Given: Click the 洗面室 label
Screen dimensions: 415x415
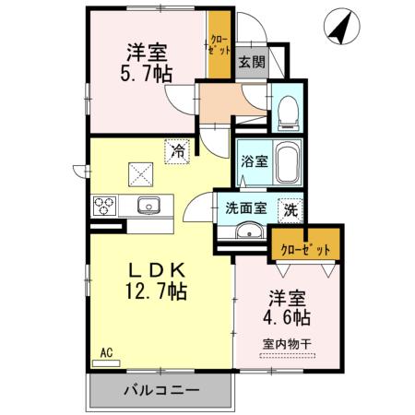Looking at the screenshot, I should coord(245,208).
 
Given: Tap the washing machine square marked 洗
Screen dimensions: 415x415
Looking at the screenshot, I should coord(290,209).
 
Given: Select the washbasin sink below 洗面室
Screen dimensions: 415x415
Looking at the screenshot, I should coord(248,231).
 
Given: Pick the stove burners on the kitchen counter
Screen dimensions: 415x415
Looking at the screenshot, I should coord(102,205).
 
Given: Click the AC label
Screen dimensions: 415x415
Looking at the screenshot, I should coord(104,352).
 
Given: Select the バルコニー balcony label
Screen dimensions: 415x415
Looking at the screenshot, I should coord(161,391).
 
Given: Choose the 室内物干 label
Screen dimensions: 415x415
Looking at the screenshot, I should coord(288,345).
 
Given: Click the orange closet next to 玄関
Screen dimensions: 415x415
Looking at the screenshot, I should coord(219,45).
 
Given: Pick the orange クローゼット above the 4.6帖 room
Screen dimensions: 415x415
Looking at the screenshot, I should coord(305,247).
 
